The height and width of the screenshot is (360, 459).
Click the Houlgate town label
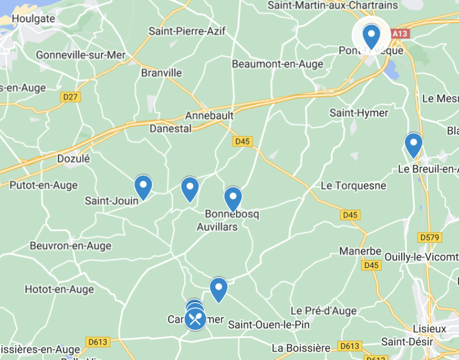pyautogui.click(x=33, y=19)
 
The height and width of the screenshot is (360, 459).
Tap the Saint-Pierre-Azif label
pyautogui.click(x=187, y=31)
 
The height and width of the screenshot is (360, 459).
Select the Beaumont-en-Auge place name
pyautogui.click(x=277, y=64)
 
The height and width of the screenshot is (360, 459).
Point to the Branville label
pyautogui.click(x=161, y=73)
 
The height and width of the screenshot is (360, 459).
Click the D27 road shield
pyautogui.click(x=71, y=97)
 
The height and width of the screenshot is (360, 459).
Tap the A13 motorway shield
pyautogui.click(x=400, y=33)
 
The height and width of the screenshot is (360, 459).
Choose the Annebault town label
pyautogui.click(x=209, y=115)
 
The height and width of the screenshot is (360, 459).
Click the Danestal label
pyautogui.click(x=170, y=128)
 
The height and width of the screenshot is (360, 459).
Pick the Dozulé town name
pyautogui.click(x=73, y=159)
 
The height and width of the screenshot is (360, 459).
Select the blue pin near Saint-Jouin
pyautogui.click(x=143, y=187)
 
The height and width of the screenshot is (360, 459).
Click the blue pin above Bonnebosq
pyautogui.click(x=232, y=199)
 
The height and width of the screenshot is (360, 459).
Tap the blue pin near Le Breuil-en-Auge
pyautogui.click(x=413, y=144)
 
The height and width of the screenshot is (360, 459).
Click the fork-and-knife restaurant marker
pyautogui.click(x=195, y=319)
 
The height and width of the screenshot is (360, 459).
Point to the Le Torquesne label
pyautogui.click(x=353, y=186)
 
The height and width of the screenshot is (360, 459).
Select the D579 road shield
pyautogui.click(x=430, y=238)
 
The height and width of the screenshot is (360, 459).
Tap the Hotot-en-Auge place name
pyautogui.click(x=59, y=290)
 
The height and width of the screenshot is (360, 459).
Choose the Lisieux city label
pyautogui.click(x=429, y=329)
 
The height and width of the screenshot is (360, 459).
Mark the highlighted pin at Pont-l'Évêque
pyautogui.click(x=371, y=36)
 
